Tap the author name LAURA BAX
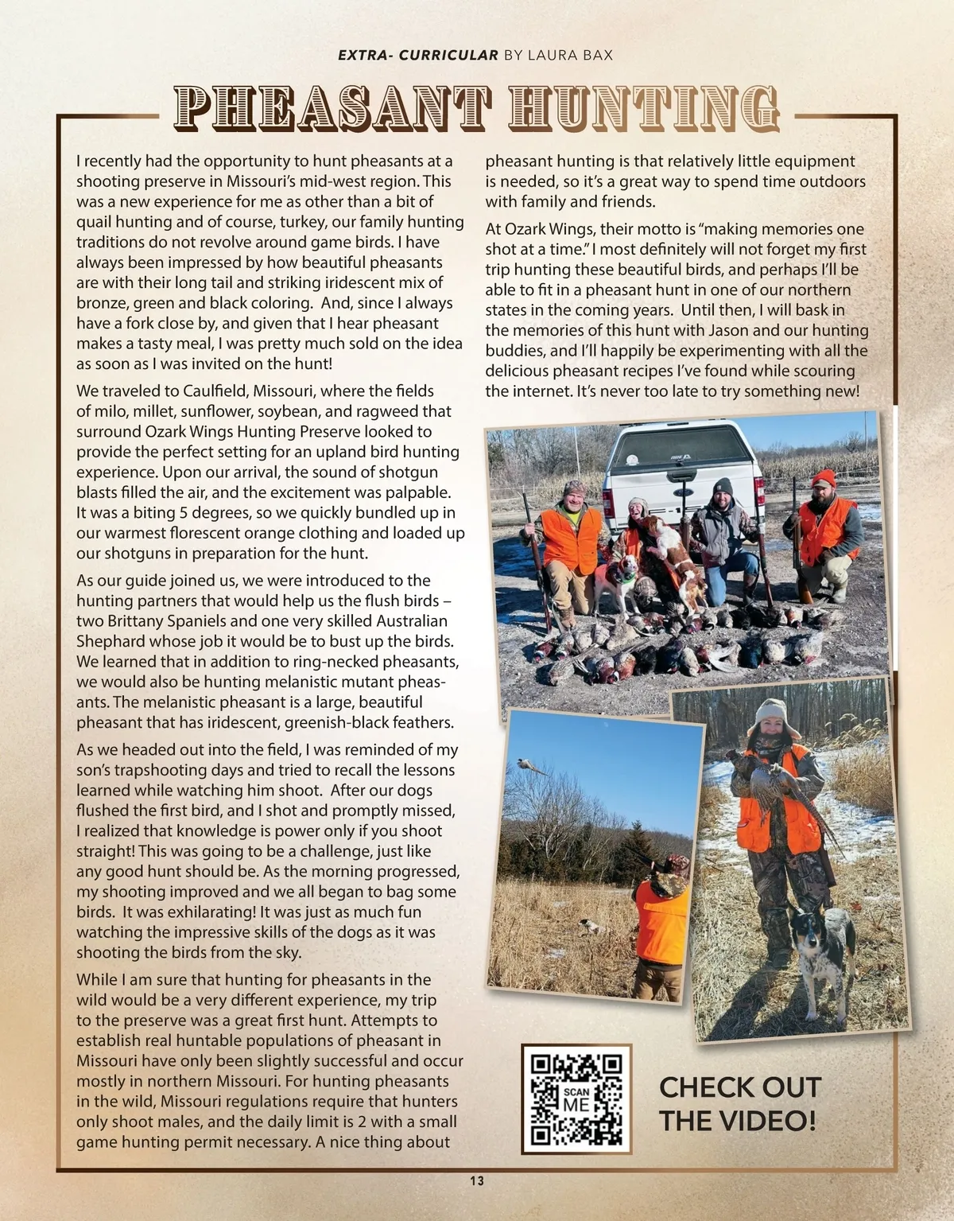point(568,55)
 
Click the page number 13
point(476,1180)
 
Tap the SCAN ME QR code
point(576,1099)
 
